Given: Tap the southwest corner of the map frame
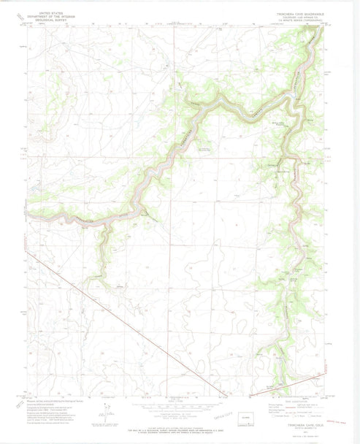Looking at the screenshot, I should (29, 395).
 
